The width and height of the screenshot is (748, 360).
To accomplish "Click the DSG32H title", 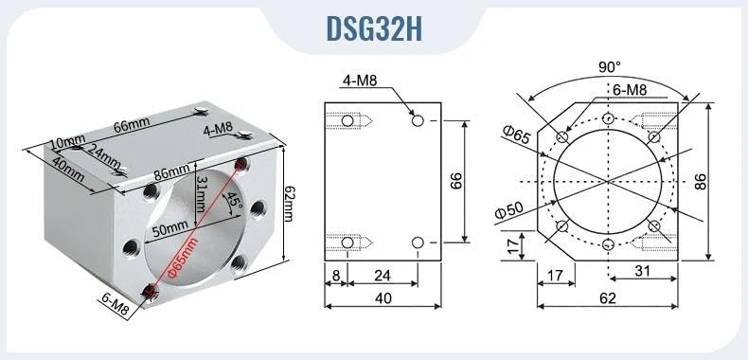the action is click(x=374, y=28).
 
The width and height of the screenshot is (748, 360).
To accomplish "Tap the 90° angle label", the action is click(x=610, y=67).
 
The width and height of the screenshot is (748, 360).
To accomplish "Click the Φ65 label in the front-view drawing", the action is click(x=516, y=135).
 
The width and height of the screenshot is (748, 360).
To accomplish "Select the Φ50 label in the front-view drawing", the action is click(x=508, y=210).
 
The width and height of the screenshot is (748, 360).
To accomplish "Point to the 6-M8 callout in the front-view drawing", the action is click(x=629, y=89).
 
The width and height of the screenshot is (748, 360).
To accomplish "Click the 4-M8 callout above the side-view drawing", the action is click(x=360, y=81).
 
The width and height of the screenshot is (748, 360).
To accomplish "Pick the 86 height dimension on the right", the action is click(x=701, y=182).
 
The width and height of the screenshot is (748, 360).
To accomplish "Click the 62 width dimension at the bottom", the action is click(x=607, y=298).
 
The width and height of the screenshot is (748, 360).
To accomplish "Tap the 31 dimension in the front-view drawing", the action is click(x=642, y=271).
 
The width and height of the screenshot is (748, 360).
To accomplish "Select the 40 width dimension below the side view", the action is click(x=383, y=298).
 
